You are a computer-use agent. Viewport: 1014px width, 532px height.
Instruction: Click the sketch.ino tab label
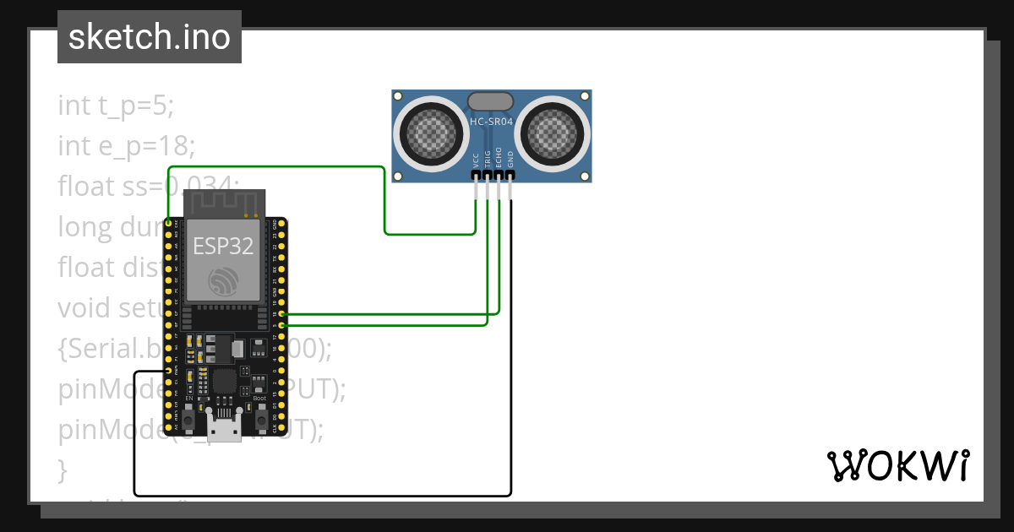click(x=150, y=37)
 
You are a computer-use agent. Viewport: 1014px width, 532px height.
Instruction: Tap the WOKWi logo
click(x=897, y=465)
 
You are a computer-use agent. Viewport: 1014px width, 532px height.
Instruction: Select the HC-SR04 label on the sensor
click(x=491, y=122)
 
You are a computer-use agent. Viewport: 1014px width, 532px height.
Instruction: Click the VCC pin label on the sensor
click(x=476, y=160)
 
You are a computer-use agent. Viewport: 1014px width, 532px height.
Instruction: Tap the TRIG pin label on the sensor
click(x=487, y=160)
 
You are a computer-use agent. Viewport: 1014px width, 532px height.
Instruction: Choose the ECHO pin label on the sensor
click(x=499, y=160)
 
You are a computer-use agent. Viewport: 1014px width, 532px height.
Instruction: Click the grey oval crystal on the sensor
click(x=490, y=101)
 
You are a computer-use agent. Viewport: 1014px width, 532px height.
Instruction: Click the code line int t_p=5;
click(x=116, y=106)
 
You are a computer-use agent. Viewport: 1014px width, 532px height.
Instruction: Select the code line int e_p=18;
click(x=127, y=146)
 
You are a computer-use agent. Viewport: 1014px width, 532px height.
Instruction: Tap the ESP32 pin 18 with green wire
click(x=281, y=314)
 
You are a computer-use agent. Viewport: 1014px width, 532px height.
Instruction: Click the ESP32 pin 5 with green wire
click(x=281, y=325)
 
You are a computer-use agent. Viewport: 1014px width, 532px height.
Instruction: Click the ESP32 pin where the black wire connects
click(x=169, y=372)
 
